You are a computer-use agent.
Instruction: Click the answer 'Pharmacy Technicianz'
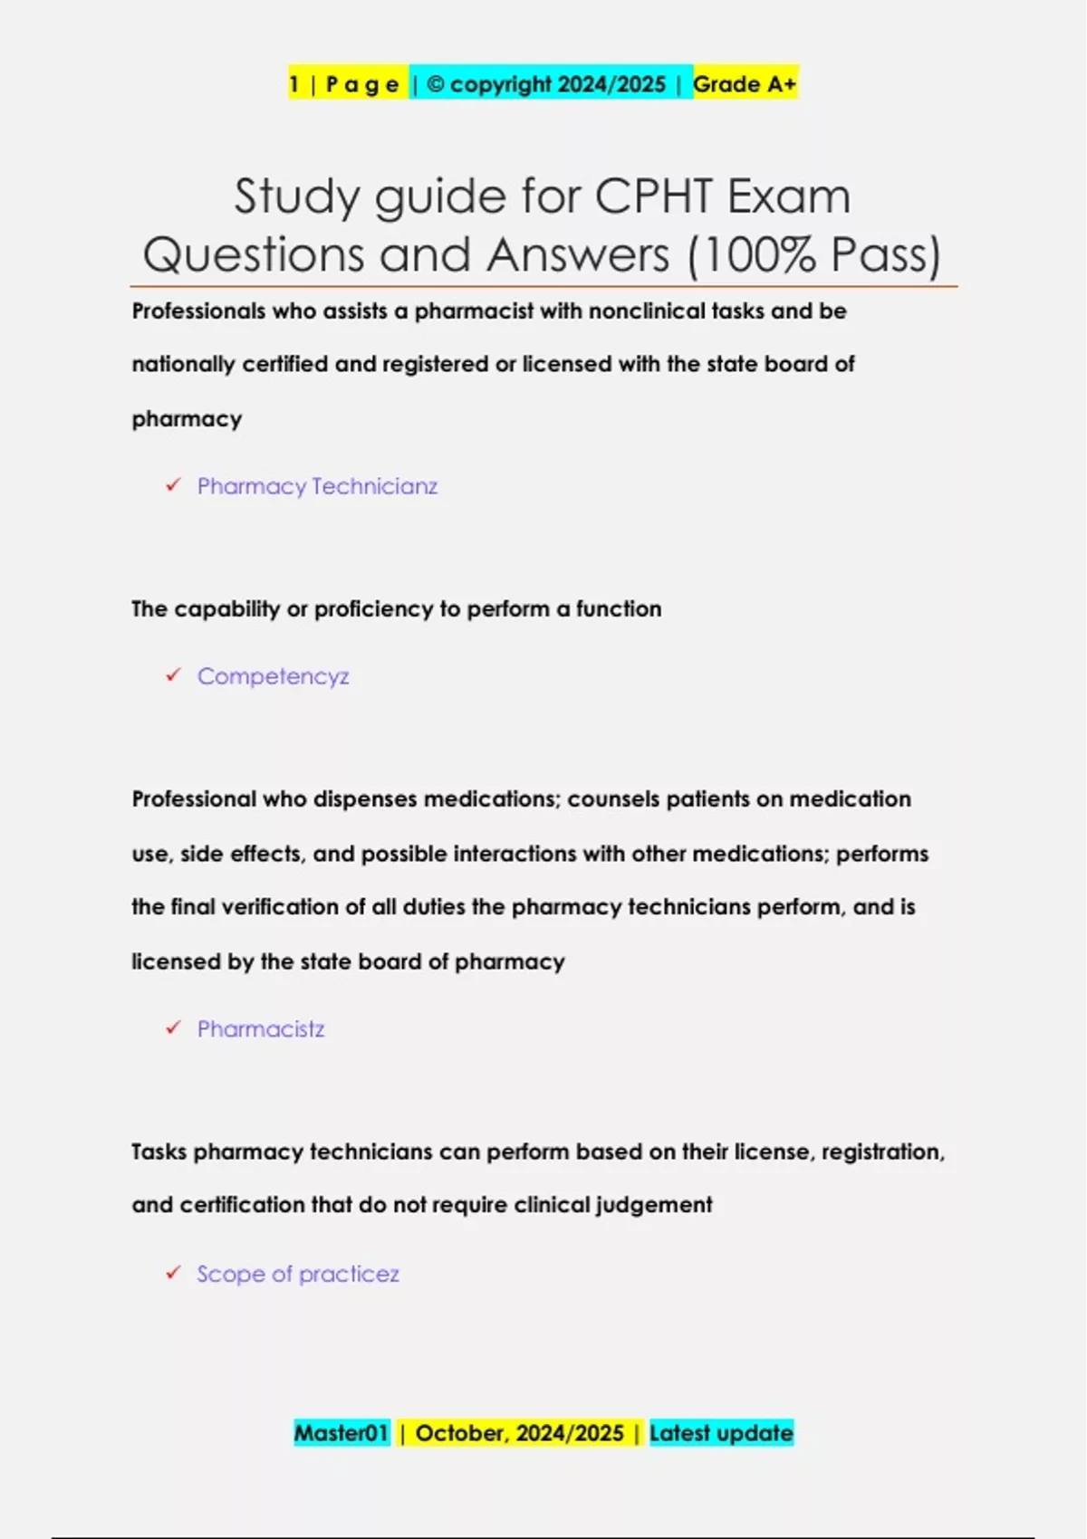[317, 486]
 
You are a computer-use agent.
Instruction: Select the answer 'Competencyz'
[273, 676]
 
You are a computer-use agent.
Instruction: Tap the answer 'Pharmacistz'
[261, 1029]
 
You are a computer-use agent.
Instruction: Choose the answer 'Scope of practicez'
[298, 1274]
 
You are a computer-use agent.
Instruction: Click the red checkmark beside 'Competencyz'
[173, 675]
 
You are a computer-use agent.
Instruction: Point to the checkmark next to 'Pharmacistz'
[173, 1028]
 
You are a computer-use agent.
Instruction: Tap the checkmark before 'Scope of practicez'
[173, 1273]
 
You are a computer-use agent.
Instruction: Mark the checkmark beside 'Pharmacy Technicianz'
[173, 485]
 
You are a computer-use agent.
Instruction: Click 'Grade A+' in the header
[745, 84]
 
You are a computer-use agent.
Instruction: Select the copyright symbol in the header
[435, 84]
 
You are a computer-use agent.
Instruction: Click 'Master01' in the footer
[341, 1433]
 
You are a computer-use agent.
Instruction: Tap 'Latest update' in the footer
[721, 1433]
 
